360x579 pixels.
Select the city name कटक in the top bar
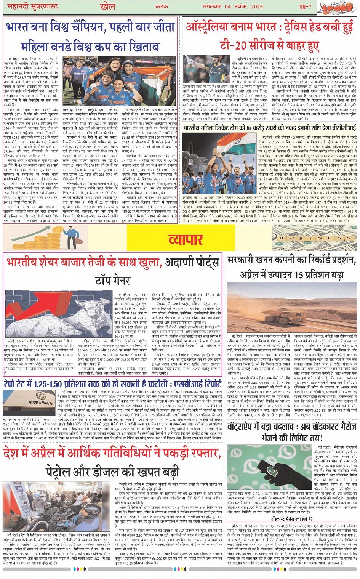162,6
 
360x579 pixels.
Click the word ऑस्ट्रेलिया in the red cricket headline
211,27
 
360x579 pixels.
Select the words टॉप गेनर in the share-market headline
113,280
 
